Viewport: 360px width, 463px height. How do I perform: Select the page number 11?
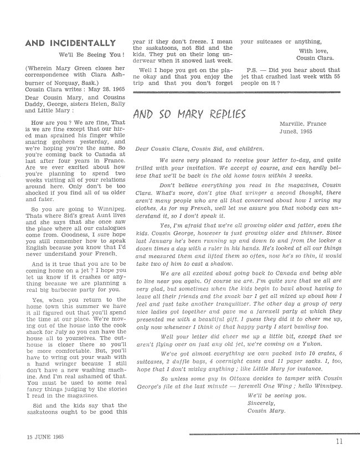[338, 441]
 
